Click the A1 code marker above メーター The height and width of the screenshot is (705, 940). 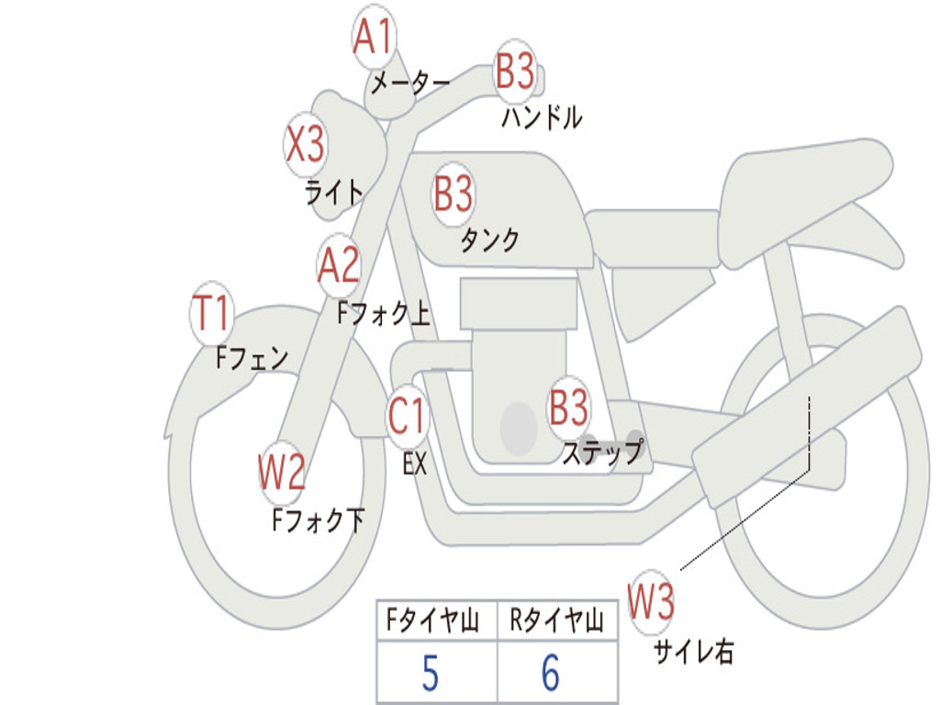coord(374,39)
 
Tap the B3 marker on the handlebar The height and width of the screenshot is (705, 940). coord(515,70)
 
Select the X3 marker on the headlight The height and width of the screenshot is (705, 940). coord(305,144)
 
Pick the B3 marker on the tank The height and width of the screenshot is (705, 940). coord(453,194)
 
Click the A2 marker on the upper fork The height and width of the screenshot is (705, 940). coord(339,265)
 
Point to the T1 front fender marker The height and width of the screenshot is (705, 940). coord(212,315)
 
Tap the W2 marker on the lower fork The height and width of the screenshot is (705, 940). coord(282,473)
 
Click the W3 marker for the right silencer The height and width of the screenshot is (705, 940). coord(652,602)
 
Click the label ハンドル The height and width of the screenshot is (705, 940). coord(542,117)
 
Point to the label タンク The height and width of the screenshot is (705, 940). coord(489,241)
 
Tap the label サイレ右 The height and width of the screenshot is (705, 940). coord(693,653)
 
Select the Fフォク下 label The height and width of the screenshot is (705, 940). coord(318,521)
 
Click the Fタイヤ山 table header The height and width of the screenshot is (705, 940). coord(431,622)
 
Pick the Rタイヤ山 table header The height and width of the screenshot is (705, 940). coord(556,622)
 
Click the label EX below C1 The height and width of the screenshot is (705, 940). coord(414,464)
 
